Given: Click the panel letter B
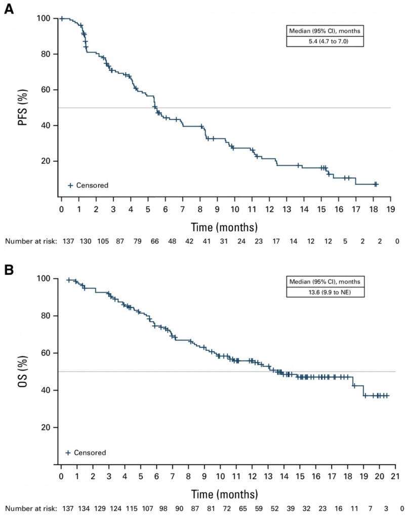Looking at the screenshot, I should [8, 268].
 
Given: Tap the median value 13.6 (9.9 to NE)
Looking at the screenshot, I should [325, 292].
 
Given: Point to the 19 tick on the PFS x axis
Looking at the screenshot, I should [390, 209].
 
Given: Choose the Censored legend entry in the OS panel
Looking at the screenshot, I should [86, 452].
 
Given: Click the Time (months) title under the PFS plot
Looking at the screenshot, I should [224, 225].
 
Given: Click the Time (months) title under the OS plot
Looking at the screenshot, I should [224, 493].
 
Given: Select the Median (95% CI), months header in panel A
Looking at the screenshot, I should [324, 32].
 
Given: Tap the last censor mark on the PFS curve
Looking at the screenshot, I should [376, 184].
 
